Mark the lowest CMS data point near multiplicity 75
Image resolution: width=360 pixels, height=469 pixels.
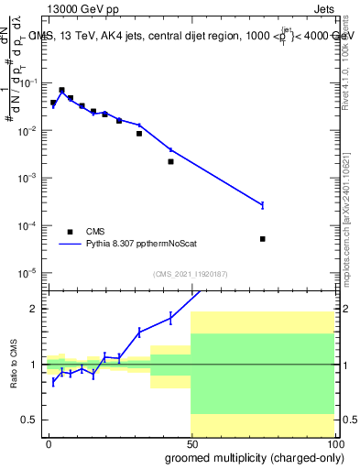tap(262, 239)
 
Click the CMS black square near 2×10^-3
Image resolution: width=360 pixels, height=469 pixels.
tap(170, 161)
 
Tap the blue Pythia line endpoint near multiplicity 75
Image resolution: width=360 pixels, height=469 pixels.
tap(262, 204)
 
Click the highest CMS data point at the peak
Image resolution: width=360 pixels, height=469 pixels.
tap(61, 91)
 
